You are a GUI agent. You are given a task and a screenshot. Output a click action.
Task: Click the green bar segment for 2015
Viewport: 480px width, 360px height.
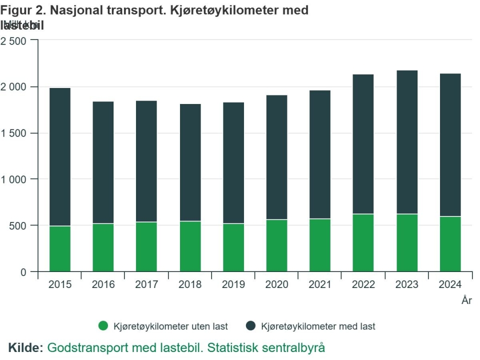(x=60, y=248)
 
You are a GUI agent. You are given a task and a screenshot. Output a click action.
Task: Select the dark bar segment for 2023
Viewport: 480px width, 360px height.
(x=406, y=142)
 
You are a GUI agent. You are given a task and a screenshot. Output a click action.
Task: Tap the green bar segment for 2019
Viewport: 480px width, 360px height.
(x=233, y=247)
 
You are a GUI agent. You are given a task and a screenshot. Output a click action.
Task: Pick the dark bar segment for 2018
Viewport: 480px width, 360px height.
(x=190, y=162)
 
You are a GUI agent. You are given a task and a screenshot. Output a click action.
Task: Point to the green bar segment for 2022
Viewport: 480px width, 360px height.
(x=363, y=242)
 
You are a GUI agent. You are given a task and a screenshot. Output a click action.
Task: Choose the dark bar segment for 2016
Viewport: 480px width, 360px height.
(x=103, y=162)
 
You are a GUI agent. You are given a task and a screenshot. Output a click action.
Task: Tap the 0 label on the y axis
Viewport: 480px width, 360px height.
(x=22, y=272)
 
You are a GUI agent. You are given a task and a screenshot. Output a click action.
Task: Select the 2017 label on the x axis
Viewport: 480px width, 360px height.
(x=146, y=284)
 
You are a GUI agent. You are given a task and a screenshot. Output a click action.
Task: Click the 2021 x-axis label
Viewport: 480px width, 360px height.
(x=320, y=284)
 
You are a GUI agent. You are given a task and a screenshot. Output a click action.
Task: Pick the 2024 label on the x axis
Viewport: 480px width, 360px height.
(x=450, y=284)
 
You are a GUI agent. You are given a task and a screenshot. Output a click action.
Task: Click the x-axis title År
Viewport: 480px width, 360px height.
(x=466, y=300)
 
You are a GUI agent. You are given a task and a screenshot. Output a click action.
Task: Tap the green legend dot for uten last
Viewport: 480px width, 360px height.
(x=103, y=326)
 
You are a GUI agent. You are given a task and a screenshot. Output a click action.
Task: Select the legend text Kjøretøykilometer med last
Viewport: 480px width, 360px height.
(x=318, y=326)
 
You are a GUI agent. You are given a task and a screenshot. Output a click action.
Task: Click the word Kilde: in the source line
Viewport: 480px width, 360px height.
(x=25, y=347)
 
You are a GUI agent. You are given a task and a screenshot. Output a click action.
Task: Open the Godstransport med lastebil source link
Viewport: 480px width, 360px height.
(x=186, y=347)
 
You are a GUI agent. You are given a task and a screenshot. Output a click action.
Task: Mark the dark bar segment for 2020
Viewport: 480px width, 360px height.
(x=276, y=157)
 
